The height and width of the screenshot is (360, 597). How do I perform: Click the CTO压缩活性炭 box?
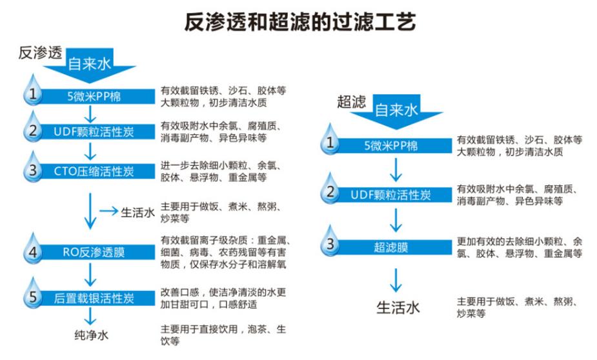coord(94,171)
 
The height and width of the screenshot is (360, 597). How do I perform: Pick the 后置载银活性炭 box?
coord(94,297)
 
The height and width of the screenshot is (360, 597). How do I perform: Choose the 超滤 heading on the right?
coord(350,101)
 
